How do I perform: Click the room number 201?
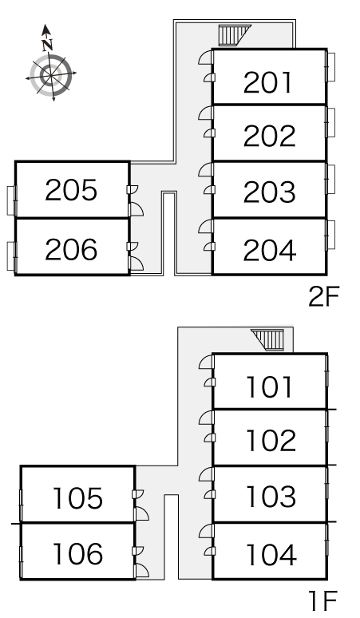point(268,83)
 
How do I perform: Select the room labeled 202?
point(270,136)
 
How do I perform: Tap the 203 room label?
point(270,192)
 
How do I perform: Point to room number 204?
point(270,250)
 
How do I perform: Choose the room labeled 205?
point(71,190)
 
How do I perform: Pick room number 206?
point(71,249)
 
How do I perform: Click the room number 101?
point(270,386)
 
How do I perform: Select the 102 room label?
point(271,440)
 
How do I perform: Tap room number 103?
point(271,496)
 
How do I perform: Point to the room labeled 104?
point(271,554)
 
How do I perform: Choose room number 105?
point(77,497)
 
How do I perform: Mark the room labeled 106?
point(77,554)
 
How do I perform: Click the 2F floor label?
point(323,297)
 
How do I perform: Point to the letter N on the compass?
point(48,46)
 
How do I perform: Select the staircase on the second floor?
point(232,35)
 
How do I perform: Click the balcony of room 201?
point(330,67)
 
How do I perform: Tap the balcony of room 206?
point(11,256)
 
